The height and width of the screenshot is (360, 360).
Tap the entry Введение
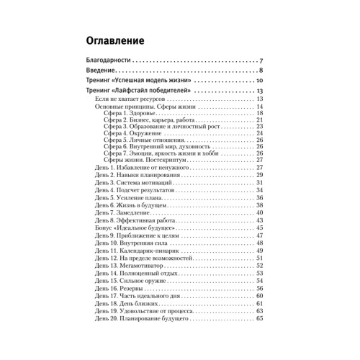[x=100, y=71]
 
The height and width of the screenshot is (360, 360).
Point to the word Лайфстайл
[x=140, y=92]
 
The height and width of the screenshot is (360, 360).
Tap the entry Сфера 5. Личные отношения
[x=145, y=140]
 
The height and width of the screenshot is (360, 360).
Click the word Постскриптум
[x=164, y=160]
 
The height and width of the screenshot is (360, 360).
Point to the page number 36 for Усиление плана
[x=260, y=197]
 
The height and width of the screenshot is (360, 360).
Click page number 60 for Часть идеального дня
[x=260, y=296]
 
